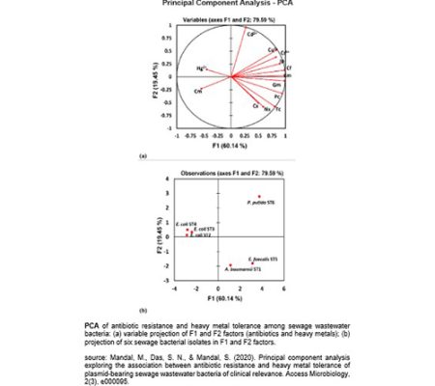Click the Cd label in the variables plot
pos(251,34)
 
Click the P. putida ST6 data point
pos(260,196)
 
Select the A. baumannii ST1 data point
pos(230,264)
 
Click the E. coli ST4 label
pos(185,223)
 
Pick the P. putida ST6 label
pos(261,204)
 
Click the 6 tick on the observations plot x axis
pos(283,289)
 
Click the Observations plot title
pos(228,172)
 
